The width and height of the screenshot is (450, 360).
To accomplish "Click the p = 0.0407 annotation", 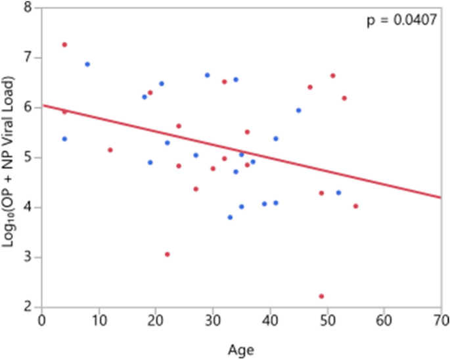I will point(402,21).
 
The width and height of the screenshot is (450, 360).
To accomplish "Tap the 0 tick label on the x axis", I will point(41,320).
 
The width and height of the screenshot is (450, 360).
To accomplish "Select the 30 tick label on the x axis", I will point(212,320).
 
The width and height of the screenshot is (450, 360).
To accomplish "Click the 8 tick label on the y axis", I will point(29,8).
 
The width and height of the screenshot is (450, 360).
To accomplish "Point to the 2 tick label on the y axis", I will point(29,307).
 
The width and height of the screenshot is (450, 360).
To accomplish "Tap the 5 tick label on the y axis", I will point(29,158).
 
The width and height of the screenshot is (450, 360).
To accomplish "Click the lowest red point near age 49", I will point(321,296).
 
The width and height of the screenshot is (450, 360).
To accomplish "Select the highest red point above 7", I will point(64,45).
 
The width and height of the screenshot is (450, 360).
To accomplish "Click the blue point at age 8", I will point(87,64).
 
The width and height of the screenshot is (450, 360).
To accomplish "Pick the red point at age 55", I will point(355,206).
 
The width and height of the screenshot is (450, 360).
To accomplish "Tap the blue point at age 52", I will point(338,192).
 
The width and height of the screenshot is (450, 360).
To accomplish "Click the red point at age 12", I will point(110,150).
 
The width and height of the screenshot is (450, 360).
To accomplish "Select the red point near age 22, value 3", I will point(167,254).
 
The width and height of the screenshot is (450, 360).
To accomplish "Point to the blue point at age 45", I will point(298,110).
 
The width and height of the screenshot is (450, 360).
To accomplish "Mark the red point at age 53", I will point(344,99).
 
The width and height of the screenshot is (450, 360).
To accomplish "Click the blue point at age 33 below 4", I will point(230,217).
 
